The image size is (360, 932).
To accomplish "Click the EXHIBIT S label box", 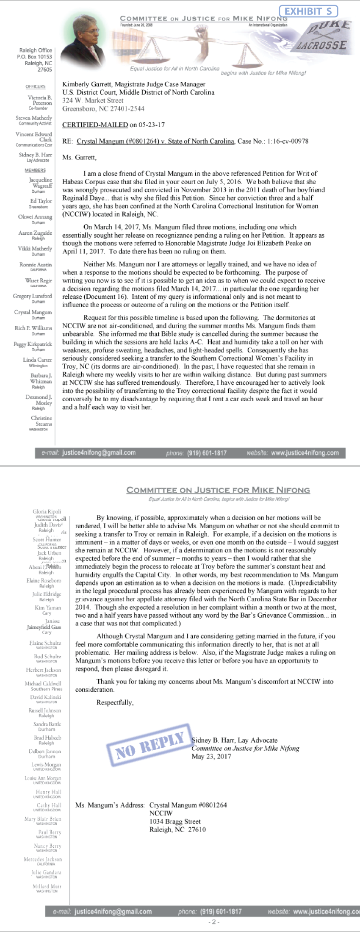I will [308, 11].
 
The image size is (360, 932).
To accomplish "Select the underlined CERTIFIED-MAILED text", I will [95, 125].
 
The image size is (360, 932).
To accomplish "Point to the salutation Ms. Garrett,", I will [79, 158].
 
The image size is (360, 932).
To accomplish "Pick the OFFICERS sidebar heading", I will [35, 86].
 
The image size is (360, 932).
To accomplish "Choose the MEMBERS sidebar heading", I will [35, 170].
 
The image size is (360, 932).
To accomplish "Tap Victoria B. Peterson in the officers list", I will [40, 100].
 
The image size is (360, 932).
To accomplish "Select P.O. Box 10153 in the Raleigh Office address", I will [34, 57].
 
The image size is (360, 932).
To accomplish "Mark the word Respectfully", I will [115, 702].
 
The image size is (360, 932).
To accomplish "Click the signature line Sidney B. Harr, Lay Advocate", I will [235, 740].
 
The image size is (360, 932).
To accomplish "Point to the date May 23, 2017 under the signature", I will [211, 756].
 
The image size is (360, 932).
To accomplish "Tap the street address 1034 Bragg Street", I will [175, 821].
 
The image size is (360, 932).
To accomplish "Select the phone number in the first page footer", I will [207, 453].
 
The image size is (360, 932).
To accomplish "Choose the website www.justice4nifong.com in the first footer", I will [305, 453].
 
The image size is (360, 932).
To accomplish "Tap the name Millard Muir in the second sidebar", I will [47, 886].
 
